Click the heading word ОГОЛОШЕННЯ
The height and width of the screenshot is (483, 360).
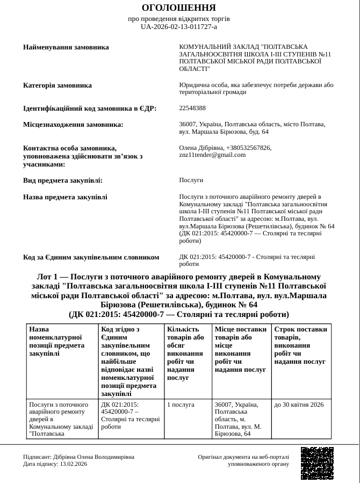click(179, 8)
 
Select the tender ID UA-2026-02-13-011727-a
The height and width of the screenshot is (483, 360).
click(179, 26)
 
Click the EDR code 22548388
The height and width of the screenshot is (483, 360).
click(192, 108)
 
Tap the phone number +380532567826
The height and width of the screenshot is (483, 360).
click(249, 148)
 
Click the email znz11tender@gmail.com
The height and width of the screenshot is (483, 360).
click(212, 155)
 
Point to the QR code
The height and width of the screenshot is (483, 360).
click(317, 463)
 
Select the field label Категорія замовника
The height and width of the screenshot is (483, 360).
click(57, 85)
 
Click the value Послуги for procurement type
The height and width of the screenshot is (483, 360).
click(191, 180)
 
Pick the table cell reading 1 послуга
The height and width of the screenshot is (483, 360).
click(181, 405)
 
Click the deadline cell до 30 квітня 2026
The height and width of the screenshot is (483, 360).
click(299, 405)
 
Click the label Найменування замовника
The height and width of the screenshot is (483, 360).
click(66, 47)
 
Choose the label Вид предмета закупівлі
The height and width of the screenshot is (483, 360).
click(63, 181)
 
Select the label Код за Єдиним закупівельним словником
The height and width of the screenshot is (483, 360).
click(91, 257)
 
